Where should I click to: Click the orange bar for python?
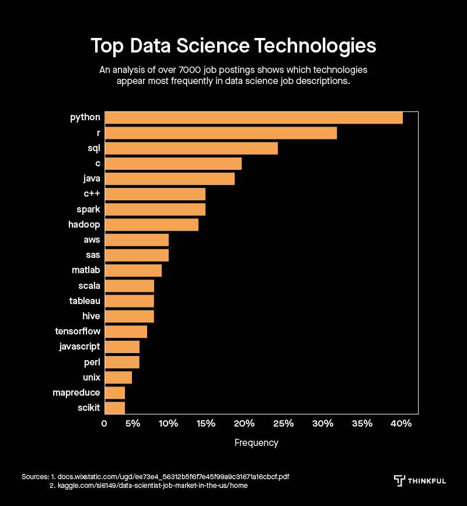(x=253, y=118)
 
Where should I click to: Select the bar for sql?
(x=191, y=148)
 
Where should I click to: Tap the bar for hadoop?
(x=151, y=225)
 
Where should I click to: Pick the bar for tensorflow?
(x=126, y=331)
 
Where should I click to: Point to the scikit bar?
(x=114, y=407)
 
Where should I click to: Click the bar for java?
(x=169, y=179)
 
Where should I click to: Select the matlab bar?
(x=133, y=270)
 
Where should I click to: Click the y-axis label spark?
(x=88, y=210)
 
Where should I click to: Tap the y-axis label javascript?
(x=79, y=347)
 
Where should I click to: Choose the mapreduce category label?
(x=76, y=392)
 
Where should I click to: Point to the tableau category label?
(x=85, y=301)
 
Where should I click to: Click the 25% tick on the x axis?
(x=283, y=423)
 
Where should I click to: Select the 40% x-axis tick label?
(x=402, y=423)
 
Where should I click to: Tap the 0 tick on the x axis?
(x=104, y=423)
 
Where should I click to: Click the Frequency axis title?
(x=256, y=443)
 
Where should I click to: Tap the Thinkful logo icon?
(x=399, y=480)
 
